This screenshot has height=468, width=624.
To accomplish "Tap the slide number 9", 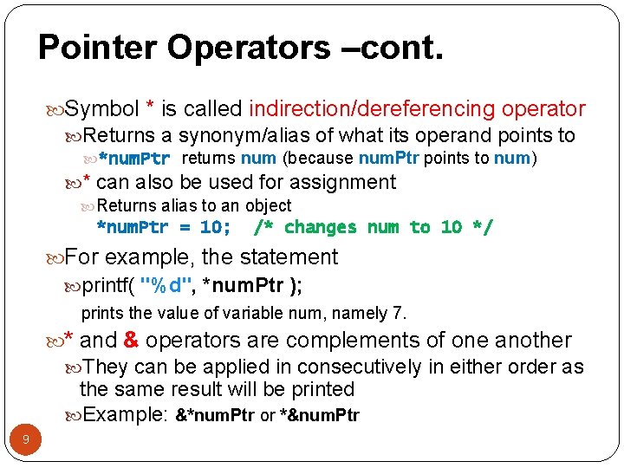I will (x=26, y=440).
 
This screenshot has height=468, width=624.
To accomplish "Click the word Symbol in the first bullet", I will (x=102, y=109).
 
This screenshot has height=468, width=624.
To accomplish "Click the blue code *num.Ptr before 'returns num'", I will (x=133, y=159).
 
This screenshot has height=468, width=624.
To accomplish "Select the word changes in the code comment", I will (x=321, y=228).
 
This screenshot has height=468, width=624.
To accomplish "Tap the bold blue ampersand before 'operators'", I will (x=132, y=340).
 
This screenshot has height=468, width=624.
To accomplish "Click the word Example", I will (x=126, y=414).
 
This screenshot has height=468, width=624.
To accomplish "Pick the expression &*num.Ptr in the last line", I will (x=215, y=415).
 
